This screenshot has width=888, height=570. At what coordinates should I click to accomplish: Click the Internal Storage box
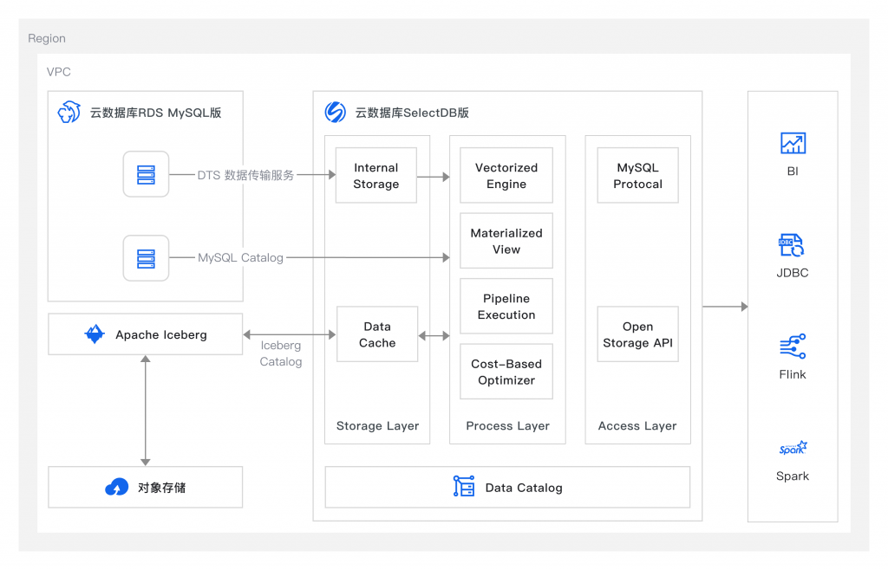[376, 175]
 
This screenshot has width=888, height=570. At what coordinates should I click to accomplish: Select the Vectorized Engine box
[506, 175]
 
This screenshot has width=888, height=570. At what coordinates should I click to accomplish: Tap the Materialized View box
[506, 241]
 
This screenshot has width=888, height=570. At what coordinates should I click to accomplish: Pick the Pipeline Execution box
[506, 306]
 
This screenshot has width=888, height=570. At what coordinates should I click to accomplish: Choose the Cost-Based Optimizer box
[506, 372]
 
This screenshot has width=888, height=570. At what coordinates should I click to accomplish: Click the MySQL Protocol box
[637, 175]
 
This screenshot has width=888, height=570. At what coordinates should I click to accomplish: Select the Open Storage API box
[637, 334]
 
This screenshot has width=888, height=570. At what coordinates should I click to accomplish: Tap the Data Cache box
[377, 334]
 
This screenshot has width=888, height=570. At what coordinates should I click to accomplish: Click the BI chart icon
[793, 143]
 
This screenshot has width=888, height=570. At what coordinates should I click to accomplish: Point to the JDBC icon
[792, 245]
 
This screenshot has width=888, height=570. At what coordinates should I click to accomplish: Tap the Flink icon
[793, 347]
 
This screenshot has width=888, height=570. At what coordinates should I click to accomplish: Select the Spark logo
[793, 448]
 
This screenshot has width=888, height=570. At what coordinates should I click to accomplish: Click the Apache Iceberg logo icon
[95, 334]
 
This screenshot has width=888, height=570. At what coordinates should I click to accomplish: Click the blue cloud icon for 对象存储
[117, 487]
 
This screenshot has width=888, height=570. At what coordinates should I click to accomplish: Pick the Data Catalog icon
[464, 486]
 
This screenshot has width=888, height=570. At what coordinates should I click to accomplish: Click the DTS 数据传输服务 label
[245, 175]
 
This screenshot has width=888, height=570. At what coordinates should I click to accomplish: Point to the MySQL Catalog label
[240, 258]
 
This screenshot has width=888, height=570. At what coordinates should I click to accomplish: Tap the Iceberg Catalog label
[281, 353]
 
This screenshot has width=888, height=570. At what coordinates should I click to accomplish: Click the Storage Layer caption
[378, 426]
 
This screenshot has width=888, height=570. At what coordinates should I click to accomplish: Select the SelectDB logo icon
[336, 112]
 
